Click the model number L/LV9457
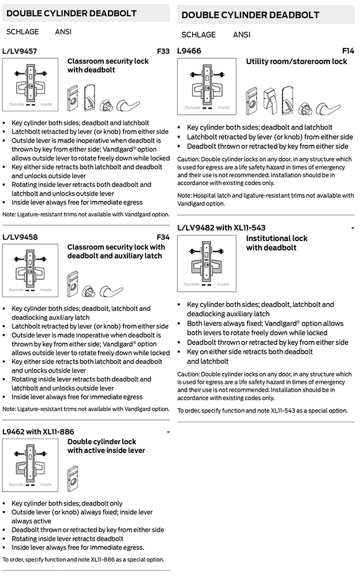coord(20,51)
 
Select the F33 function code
coord(163,51)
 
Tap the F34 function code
coord(163,237)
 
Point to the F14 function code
coord(348,51)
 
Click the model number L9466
coord(189,51)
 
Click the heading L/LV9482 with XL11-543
coord(222,228)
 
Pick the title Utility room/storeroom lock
coord(297,61)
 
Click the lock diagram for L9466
coord(207,87)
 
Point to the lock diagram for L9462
coord(30,464)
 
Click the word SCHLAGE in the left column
coord(22,32)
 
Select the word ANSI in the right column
coord(241,35)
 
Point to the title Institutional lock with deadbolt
coord(276,243)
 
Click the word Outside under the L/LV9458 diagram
coord(16,290)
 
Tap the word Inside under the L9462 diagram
coord(46,485)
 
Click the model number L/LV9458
coord(20,237)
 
